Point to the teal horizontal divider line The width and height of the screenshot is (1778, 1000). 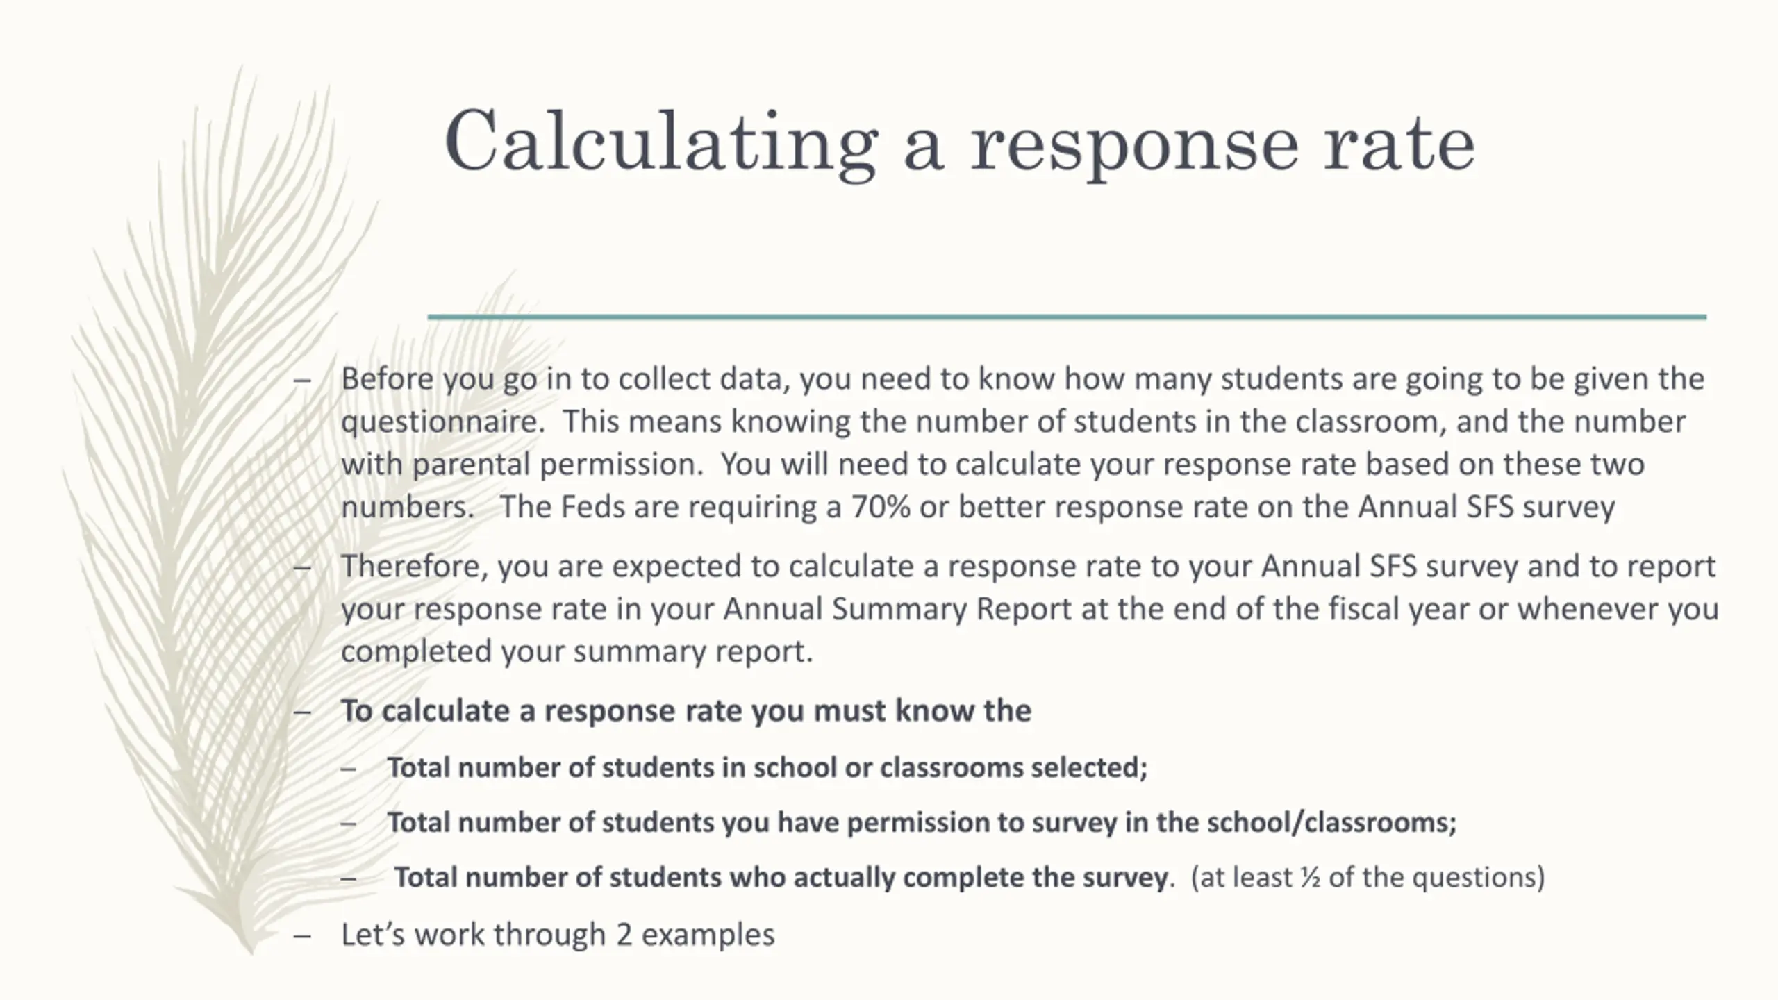[1067, 317]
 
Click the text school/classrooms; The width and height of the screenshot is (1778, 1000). [1331, 823]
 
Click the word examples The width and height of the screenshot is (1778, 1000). [708, 935]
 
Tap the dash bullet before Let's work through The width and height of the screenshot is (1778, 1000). [301, 935]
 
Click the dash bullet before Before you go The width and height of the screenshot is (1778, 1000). [301, 380]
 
